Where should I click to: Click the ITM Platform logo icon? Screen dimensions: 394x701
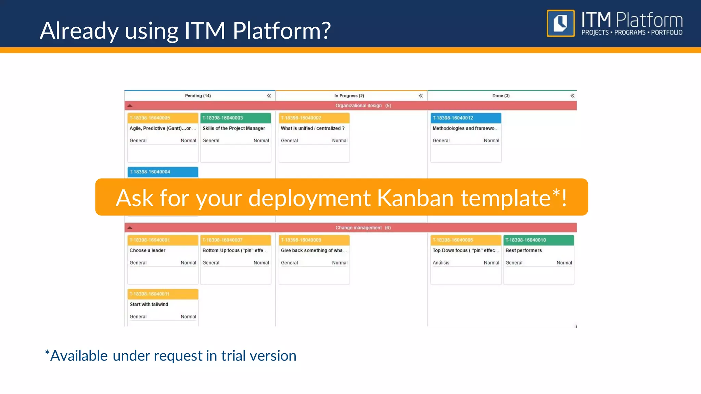(560, 23)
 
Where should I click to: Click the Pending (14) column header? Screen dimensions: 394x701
(198, 96)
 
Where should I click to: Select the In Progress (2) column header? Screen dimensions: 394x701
(349, 96)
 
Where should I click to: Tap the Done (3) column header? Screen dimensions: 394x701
(501, 96)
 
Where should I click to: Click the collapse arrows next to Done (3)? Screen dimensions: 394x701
(572, 96)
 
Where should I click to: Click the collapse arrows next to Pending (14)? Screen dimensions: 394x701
(269, 96)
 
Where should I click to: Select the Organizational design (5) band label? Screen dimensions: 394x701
(363, 106)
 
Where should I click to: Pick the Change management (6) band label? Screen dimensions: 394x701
(363, 228)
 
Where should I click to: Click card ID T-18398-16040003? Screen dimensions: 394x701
(222, 118)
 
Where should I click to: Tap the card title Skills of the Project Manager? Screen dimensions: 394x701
(234, 128)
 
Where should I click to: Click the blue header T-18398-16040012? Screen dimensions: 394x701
(453, 118)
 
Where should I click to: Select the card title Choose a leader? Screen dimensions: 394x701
(148, 250)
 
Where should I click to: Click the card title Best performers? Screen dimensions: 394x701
(523, 250)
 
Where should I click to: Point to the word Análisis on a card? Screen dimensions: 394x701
(441, 263)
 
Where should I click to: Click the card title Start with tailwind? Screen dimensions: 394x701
(149, 304)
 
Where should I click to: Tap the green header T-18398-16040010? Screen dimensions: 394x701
(525, 240)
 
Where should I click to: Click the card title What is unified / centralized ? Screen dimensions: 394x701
(313, 128)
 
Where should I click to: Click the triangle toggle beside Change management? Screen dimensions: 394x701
(130, 228)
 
